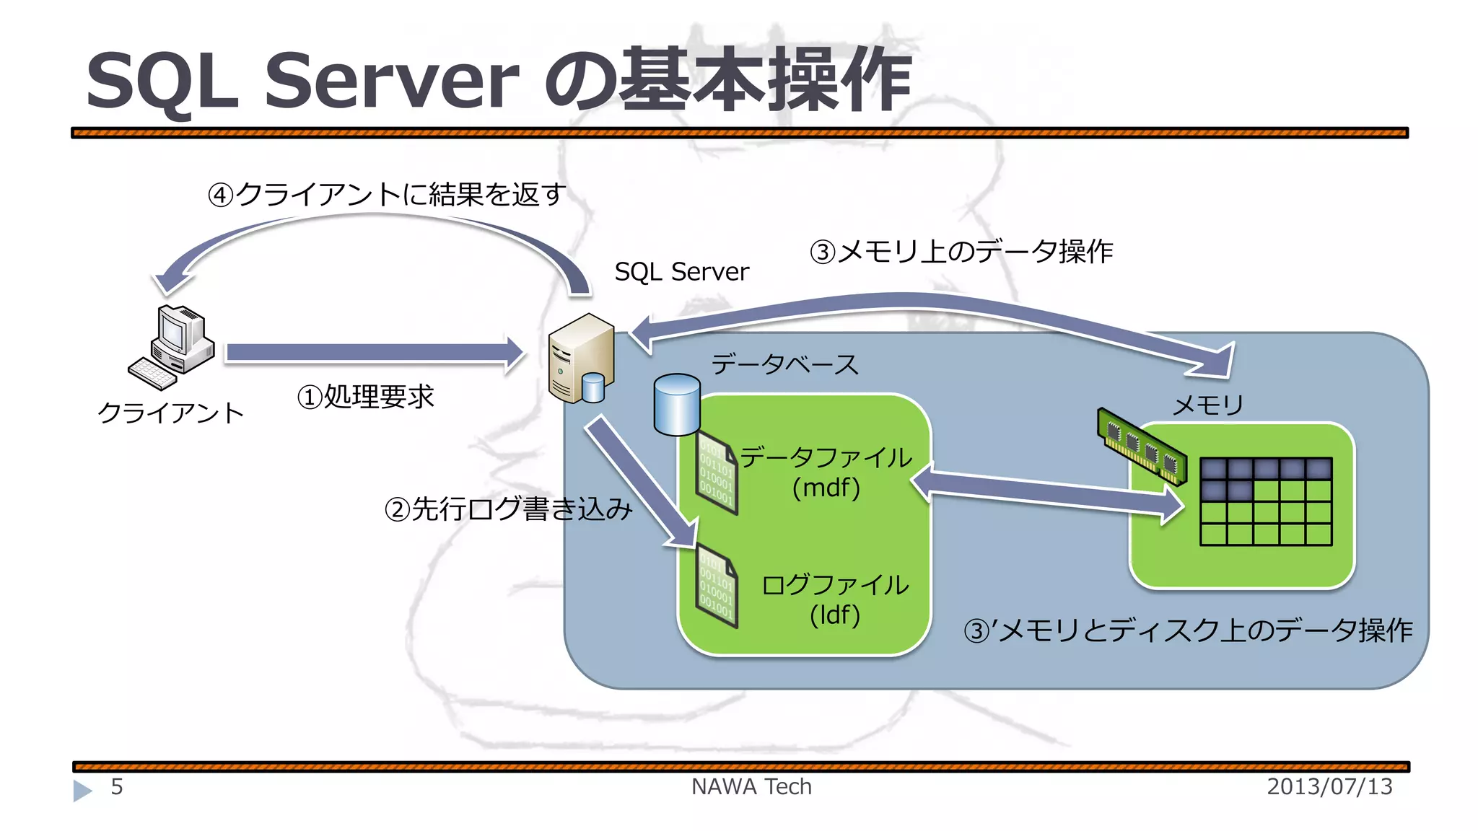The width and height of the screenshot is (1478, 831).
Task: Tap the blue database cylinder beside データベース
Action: coord(676,405)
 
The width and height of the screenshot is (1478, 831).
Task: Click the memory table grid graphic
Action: coord(1266,501)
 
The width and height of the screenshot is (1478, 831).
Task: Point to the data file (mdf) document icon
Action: coord(717,472)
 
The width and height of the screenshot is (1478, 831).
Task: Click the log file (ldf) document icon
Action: coord(717,586)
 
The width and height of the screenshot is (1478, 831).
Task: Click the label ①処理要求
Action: coord(365,397)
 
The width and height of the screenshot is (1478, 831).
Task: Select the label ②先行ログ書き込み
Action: coord(508,509)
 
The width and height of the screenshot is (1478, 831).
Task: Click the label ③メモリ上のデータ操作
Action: coord(961,252)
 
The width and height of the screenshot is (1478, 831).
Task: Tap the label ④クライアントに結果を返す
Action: coord(387,194)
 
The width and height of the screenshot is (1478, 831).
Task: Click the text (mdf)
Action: coord(826,488)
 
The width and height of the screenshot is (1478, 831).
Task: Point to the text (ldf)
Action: coord(834,615)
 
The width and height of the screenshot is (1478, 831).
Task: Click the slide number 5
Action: coord(117,786)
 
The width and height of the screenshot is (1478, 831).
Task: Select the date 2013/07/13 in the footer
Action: coord(1329,786)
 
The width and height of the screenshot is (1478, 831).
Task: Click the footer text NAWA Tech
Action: coord(751,786)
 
